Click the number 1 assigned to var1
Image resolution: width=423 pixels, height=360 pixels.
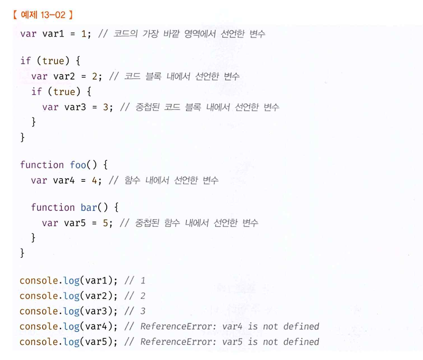[x=84, y=34]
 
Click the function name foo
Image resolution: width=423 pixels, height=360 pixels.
[x=78, y=165]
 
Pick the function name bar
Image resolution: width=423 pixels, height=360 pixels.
[x=89, y=207]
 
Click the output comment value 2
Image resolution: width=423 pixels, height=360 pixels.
[x=142, y=295]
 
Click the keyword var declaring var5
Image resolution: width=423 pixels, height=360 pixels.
[x=50, y=222]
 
